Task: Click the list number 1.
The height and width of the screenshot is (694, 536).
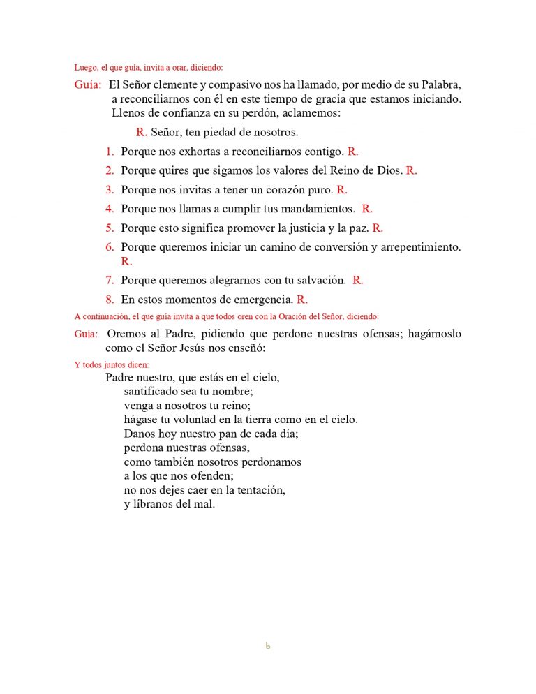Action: point(110,152)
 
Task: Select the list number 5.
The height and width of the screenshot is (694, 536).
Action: point(110,228)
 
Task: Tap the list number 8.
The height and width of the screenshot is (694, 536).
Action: point(110,300)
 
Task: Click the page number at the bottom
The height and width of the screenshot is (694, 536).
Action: point(268,647)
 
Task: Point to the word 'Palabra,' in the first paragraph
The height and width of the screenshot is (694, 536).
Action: point(441,84)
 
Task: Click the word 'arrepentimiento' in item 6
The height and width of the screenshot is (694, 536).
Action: point(421,247)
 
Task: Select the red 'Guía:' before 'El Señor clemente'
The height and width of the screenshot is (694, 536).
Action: point(88,84)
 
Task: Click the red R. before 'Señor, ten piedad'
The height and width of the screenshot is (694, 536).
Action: point(142,132)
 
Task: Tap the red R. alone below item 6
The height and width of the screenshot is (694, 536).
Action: point(126,262)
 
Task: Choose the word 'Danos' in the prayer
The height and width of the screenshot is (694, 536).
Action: point(140,434)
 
